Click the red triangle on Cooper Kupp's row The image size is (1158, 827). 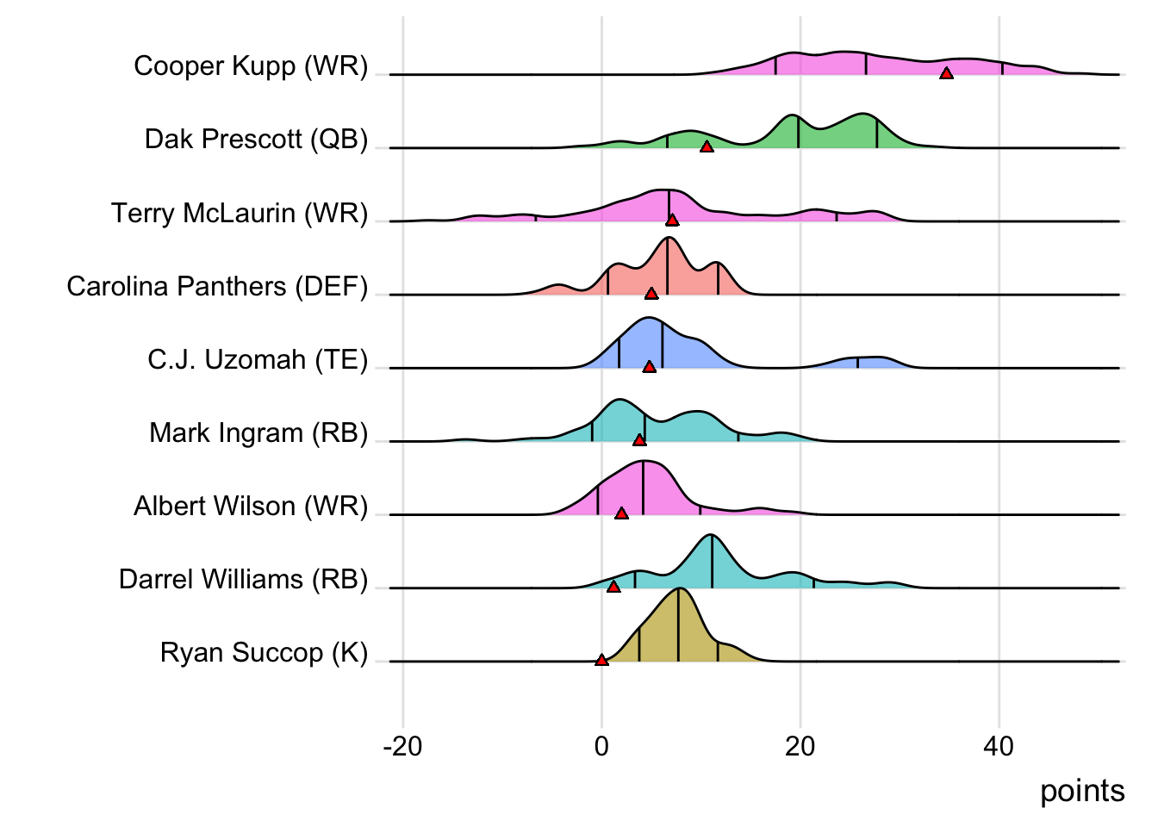(x=946, y=73)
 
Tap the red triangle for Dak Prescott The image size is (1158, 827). (x=707, y=146)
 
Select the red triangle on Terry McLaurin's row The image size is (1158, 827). (x=672, y=220)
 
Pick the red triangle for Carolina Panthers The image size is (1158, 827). (x=651, y=293)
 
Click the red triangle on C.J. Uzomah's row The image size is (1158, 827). (x=650, y=366)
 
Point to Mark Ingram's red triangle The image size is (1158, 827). (x=639, y=439)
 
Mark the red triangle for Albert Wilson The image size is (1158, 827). (x=621, y=513)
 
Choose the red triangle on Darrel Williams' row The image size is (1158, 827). (x=613, y=586)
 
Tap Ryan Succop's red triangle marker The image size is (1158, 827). (x=601, y=660)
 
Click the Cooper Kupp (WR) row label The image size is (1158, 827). (x=251, y=66)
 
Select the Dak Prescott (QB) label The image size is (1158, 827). (x=256, y=140)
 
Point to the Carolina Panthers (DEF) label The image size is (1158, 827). (x=217, y=286)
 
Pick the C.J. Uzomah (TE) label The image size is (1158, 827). (x=258, y=359)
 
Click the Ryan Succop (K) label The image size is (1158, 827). (x=264, y=653)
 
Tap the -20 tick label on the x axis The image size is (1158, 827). (x=402, y=746)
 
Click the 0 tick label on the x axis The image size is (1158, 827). (x=601, y=746)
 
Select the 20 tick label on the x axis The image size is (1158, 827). (x=800, y=746)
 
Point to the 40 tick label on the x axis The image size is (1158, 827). (x=999, y=746)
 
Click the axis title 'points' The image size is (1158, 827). (x=1082, y=791)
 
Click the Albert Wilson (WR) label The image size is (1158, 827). (x=251, y=506)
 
